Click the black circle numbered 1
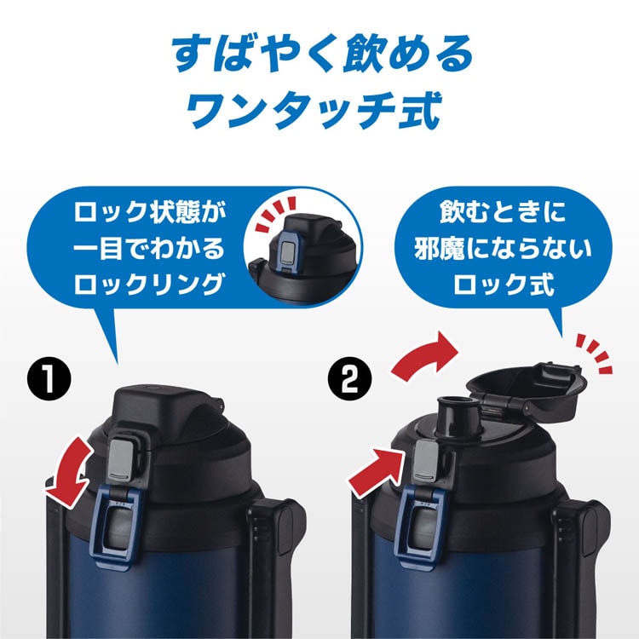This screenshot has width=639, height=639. click(49, 379)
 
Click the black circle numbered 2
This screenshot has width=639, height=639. click(349, 379)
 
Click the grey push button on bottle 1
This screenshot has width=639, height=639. click(122, 459)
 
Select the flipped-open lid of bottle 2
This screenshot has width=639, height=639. click(527, 391)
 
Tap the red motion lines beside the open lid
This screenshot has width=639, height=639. click(595, 353)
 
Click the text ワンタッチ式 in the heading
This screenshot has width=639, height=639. click(314, 109)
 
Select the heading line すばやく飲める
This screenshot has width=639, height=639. click(322, 53)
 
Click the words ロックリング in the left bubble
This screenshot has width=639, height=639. click(149, 284)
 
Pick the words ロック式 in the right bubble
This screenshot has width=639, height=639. click(504, 284)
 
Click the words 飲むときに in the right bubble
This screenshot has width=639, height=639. click(503, 212)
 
